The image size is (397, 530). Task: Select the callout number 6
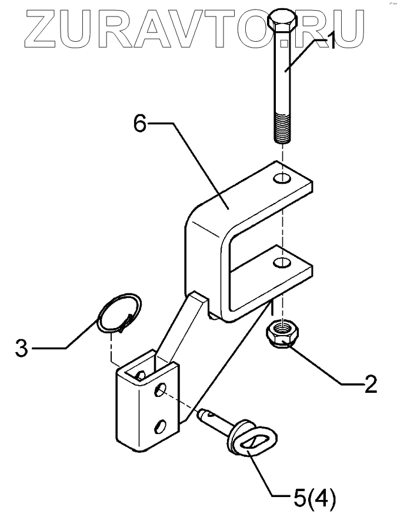[x=139, y=125]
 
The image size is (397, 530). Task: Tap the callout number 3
[x=21, y=348]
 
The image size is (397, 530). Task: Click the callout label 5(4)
[x=313, y=500]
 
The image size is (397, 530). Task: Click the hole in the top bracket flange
[x=283, y=178]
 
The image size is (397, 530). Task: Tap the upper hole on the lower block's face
[x=161, y=390]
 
